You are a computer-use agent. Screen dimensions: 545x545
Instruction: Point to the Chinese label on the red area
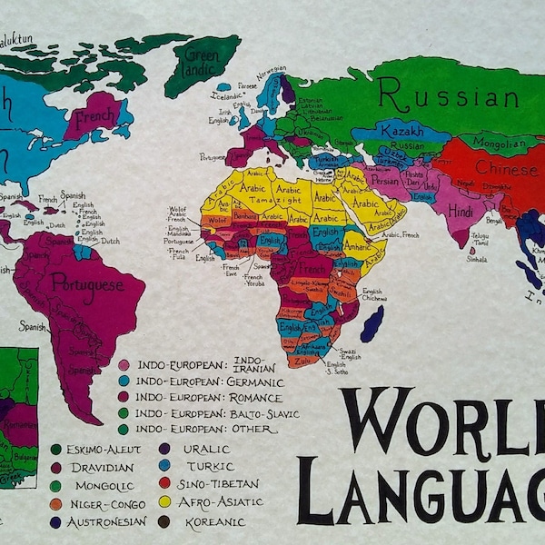(505, 169)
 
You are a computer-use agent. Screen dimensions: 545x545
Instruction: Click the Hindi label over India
(461, 211)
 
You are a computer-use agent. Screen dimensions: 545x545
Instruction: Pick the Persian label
(385, 180)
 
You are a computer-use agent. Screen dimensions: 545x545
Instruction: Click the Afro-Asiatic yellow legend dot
(164, 500)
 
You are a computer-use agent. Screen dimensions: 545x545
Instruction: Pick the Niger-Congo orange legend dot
(55, 502)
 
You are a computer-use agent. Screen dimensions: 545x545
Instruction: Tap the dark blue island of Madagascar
(372, 323)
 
